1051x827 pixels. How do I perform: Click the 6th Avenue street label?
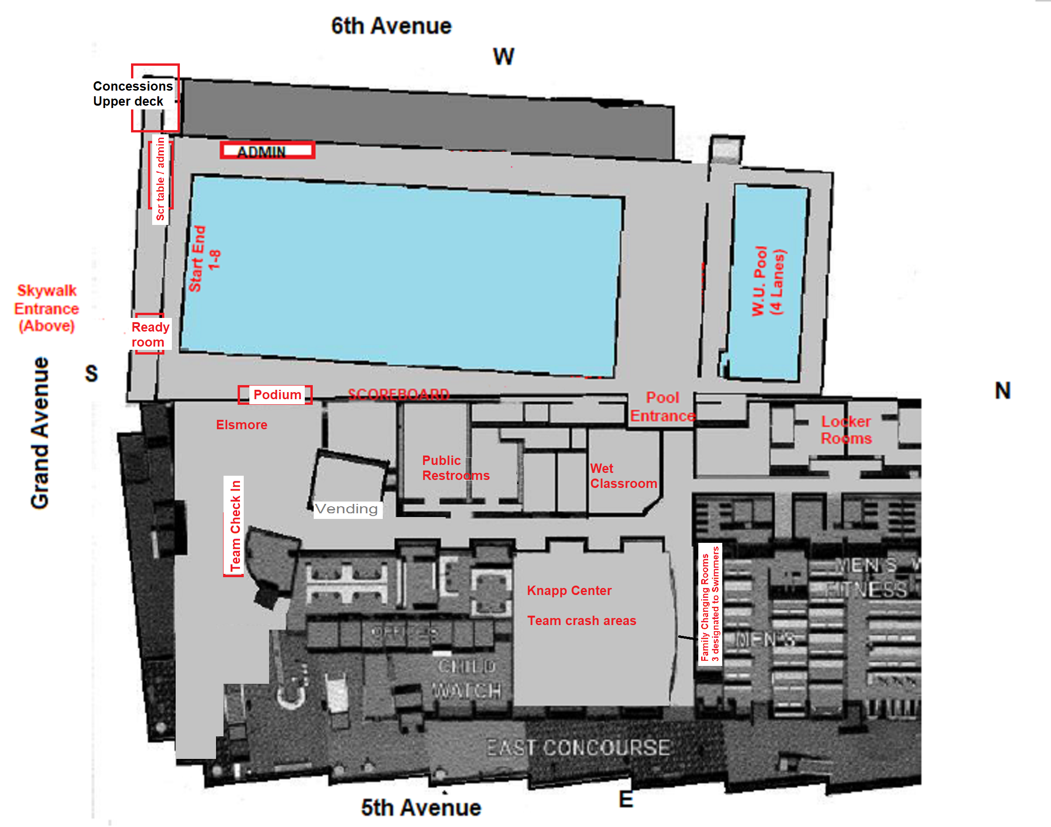(x=391, y=26)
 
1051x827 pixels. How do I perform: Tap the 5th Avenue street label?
(x=421, y=807)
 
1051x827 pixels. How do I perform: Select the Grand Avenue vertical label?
(x=40, y=433)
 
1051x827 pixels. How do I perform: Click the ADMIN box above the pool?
(x=267, y=151)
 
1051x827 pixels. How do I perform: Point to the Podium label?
(x=277, y=394)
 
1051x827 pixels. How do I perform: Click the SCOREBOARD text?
(x=398, y=394)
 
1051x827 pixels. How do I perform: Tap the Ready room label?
(x=150, y=334)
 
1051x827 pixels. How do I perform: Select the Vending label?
(x=346, y=509)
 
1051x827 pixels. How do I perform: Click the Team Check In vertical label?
(x=235, y=526)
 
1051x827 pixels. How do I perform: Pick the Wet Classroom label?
(x=623, y=476)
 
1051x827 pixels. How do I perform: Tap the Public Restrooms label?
(x=455, y=468)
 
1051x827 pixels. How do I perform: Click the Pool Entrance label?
(x=662, y=407)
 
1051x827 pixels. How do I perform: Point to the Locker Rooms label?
(x=846, y=430)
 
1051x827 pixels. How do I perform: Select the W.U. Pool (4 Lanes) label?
(x=768, y=281)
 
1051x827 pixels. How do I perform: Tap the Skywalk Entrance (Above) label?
(x=46, y=308)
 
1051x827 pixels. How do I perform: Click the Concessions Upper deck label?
(x=132, y=93)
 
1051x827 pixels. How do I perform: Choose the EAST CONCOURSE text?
(x=578, y=747)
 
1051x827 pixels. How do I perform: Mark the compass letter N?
(x=1002, y=391)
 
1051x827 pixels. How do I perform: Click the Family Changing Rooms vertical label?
(x=710, y=604)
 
